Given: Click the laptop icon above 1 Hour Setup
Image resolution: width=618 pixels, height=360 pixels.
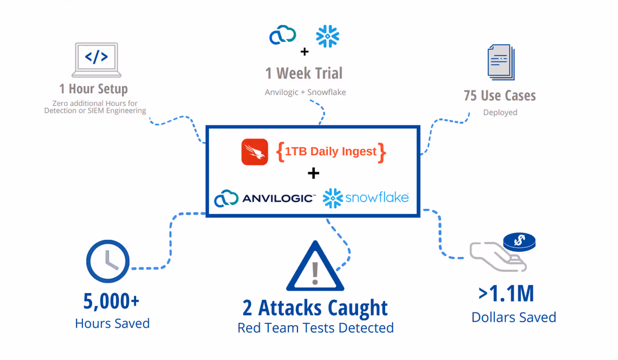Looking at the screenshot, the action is click(x=97, y=60).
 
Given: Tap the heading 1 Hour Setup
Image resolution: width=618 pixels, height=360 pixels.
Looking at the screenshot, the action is click(x=93, y=89).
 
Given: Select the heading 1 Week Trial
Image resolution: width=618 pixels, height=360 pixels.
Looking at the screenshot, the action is click(x=304, y=73).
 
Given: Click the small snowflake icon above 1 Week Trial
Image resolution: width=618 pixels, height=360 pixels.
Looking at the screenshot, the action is click(x=327, y=36).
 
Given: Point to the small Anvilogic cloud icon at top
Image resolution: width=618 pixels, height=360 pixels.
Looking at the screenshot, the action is click(x=283, y=35).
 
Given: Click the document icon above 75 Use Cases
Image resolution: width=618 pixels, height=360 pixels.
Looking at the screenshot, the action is click(x=501, y=62).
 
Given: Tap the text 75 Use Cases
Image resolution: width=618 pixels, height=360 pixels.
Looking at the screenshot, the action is click(x=500, y=96).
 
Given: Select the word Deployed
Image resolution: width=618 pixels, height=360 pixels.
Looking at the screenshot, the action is click(x=500, y=112).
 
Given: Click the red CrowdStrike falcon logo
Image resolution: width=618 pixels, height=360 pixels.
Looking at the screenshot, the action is click(x=255, y=152).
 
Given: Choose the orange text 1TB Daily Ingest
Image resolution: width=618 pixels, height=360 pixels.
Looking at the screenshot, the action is click(x=331, y=152).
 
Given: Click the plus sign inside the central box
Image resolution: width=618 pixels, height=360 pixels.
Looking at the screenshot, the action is click(x=314, y=173).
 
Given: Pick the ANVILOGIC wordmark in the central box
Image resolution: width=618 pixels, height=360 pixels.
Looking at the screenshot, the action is click(x=279, y=198).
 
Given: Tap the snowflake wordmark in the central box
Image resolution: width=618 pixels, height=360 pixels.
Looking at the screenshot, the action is click(x=377, y=197).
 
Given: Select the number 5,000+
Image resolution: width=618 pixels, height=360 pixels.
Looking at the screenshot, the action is click(x=111, y=301).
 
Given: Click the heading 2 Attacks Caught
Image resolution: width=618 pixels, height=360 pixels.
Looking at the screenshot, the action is click(x=315, y=308).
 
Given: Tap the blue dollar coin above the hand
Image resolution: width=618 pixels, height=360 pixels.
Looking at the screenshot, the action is click(x=520, y=242).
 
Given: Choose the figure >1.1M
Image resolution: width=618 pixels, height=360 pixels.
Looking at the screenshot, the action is click(x=506, y=294).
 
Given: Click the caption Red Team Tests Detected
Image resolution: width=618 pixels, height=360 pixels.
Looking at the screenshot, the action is click(x=315, y=328).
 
